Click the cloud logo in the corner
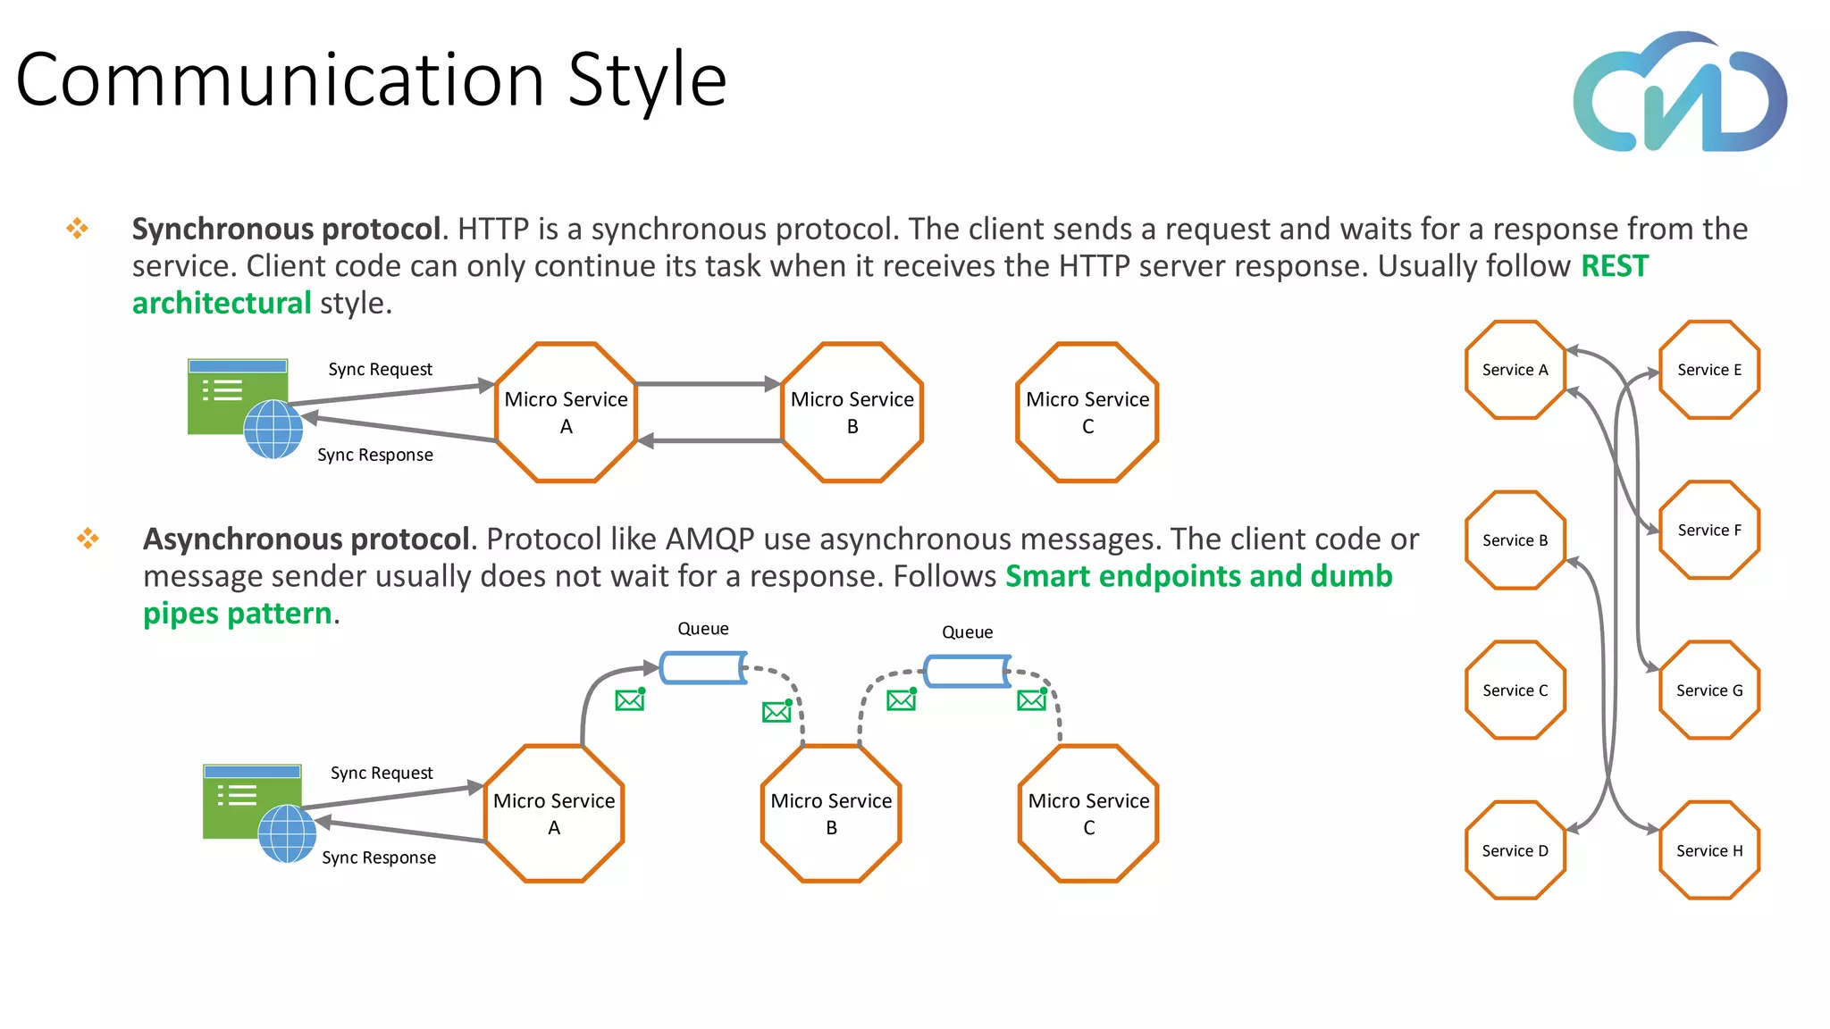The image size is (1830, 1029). [x=1680, y=94]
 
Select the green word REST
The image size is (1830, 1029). [x=1614, y=266]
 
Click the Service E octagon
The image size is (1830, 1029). [x=1708, y=370]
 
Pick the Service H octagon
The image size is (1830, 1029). [x=1708, y=850]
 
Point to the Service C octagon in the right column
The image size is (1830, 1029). [x=1515, y=690]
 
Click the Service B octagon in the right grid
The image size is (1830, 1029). [x=1515, y=540]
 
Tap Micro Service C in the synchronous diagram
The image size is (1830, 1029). [x=1087, y=413]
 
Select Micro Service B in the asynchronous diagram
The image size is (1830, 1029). [x=831, y=814]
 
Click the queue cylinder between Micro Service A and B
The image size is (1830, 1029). [x=703, y=668]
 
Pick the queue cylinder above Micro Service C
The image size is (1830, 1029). [x=968, y=671]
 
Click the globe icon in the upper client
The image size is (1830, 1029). [x=273, y=429]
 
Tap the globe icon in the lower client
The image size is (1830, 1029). [x=287, y=833]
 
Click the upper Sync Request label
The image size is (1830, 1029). [x=380, y=370]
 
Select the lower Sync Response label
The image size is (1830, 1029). [x=379, y=857]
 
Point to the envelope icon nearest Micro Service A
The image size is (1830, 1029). [x=630, y=699]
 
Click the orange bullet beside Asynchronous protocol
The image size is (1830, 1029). [x=88, y=538]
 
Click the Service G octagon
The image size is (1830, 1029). [x=1708, y=690]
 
